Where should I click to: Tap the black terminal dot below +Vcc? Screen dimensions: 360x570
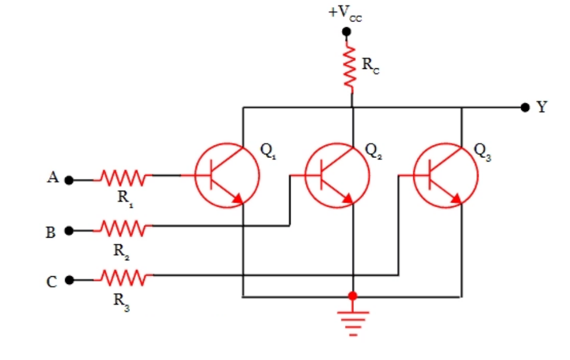347,32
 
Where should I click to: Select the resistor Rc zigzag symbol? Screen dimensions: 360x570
351,67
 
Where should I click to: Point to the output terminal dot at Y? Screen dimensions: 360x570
524,108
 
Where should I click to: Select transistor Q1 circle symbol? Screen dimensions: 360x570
227,175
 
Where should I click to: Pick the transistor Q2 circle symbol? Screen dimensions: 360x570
337,175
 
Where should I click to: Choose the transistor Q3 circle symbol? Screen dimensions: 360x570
445,175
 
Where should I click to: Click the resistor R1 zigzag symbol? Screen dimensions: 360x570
123,176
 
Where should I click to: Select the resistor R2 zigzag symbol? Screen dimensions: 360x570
123,226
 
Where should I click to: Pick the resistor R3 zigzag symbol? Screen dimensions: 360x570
123,276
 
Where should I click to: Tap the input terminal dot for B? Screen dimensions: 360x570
69,230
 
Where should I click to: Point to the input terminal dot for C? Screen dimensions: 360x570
69,279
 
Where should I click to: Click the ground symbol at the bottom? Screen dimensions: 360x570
352,321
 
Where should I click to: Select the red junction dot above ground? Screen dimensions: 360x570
353,295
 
